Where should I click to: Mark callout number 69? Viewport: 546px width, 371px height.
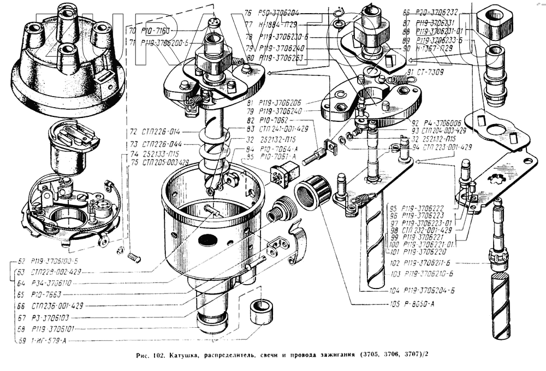point(22,341)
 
